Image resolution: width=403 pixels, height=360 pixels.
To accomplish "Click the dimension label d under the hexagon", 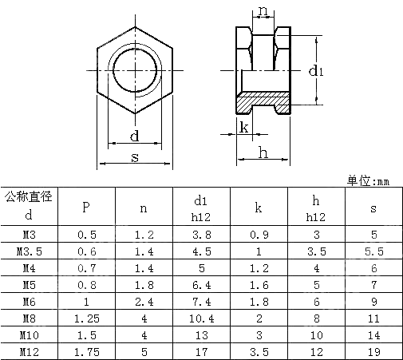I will coord(134,136).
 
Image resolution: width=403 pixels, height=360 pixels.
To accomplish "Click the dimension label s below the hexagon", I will coord(134,157).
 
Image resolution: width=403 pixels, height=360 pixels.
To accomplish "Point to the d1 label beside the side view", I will coord(316,71).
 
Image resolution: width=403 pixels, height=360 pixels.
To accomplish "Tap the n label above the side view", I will coord(263,11).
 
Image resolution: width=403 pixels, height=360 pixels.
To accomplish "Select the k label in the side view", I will coord(244,127).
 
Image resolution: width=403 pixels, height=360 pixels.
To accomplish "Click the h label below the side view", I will coord(262,152).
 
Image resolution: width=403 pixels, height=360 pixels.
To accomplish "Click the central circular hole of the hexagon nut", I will coord(134,69).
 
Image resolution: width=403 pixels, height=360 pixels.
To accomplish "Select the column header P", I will coord(85,208).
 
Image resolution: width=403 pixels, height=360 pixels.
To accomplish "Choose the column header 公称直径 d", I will coord(29,206).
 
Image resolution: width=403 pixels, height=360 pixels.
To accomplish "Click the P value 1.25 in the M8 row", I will coord(85,317).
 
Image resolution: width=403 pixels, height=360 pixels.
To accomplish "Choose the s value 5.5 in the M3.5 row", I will coord(373,251).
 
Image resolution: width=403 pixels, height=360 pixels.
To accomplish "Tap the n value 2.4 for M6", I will coord(143,300).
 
